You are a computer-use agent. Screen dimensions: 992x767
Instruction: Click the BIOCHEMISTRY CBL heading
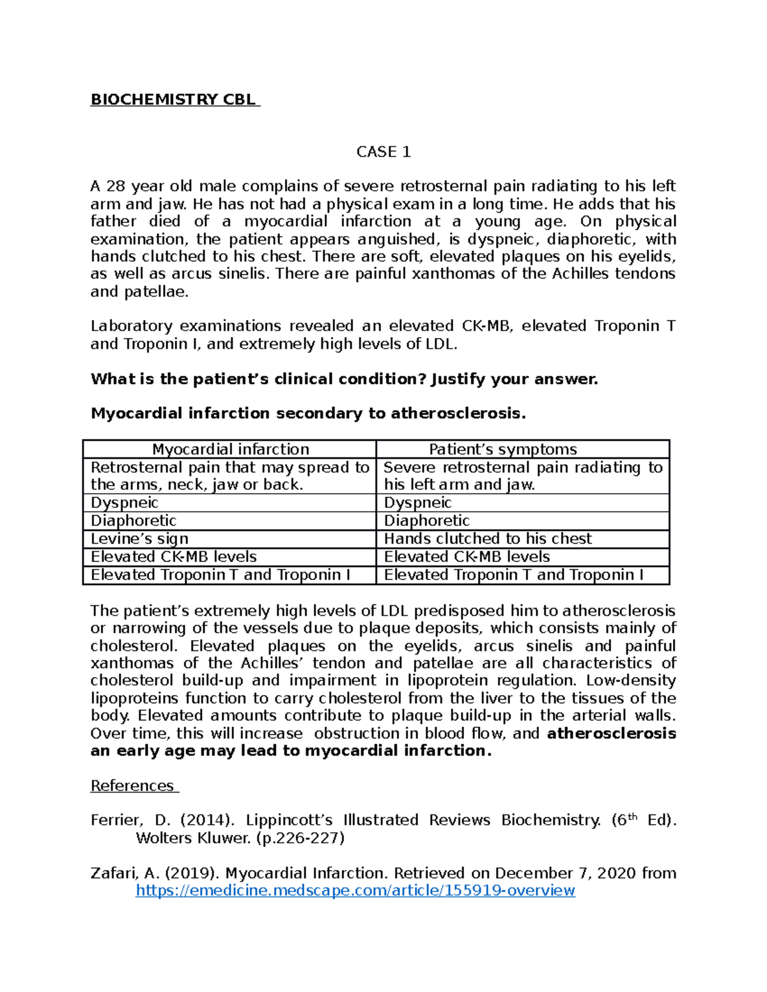coord(174,100)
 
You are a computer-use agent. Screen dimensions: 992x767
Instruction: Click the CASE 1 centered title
coord(383,152)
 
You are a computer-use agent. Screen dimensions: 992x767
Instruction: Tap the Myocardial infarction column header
coord(230,449)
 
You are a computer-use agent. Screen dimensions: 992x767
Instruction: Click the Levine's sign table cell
coord(139,538)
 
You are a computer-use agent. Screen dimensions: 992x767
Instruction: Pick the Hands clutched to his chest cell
coord(488,538)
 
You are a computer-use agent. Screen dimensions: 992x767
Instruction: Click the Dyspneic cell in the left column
coord(125,503)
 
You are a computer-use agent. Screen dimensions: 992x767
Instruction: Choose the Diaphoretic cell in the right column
coord(426,521)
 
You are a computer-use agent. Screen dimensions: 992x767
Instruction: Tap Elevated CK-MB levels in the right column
coord(467,556)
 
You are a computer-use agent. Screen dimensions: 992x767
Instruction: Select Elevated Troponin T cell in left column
coord(220,574)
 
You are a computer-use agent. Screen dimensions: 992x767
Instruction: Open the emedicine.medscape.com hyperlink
coord(355,890)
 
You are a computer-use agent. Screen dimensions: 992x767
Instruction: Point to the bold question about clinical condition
coord(344,379)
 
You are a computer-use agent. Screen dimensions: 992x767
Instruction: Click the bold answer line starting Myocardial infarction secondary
coord(308,413)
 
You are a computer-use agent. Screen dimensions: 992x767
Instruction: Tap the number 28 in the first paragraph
coord(116,187)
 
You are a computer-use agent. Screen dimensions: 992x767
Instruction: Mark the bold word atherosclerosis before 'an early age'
coord(612,733)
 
